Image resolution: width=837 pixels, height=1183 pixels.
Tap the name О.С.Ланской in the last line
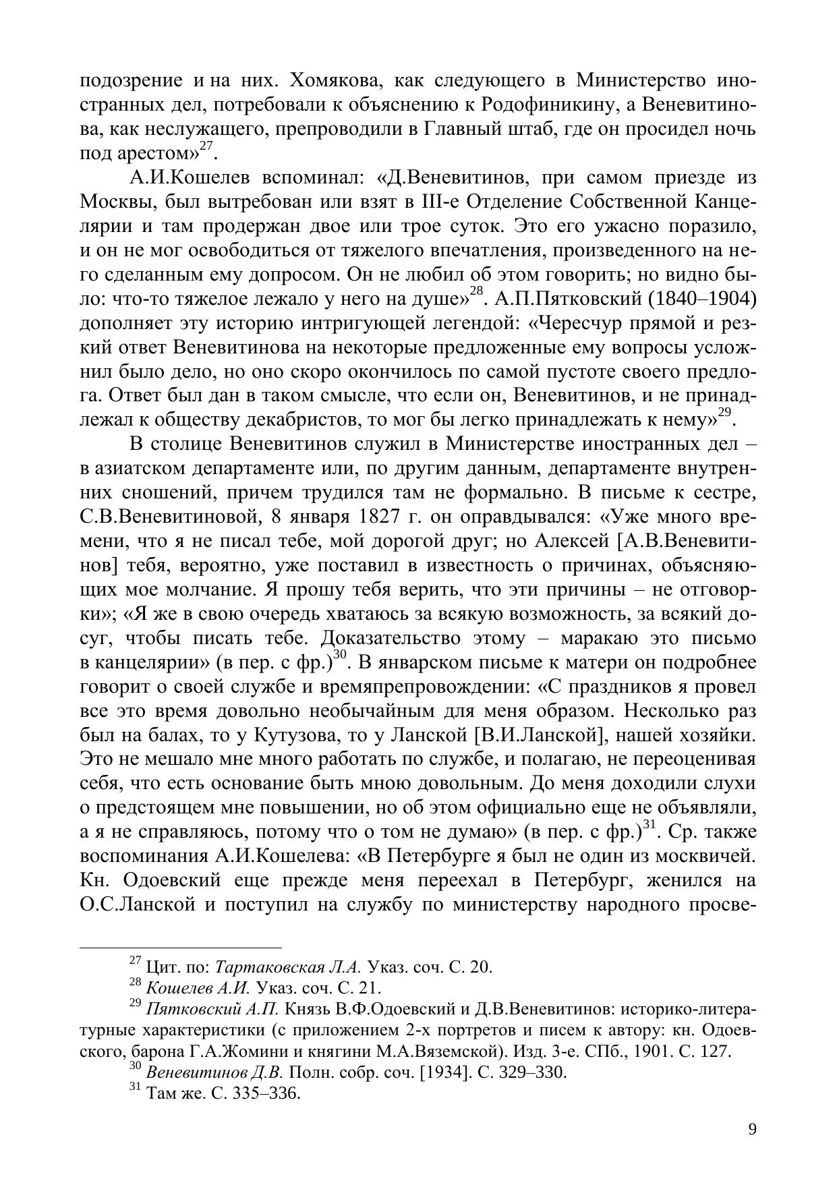tap(138, 905)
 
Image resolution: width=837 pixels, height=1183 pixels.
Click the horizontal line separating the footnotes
tap(180, 947)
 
